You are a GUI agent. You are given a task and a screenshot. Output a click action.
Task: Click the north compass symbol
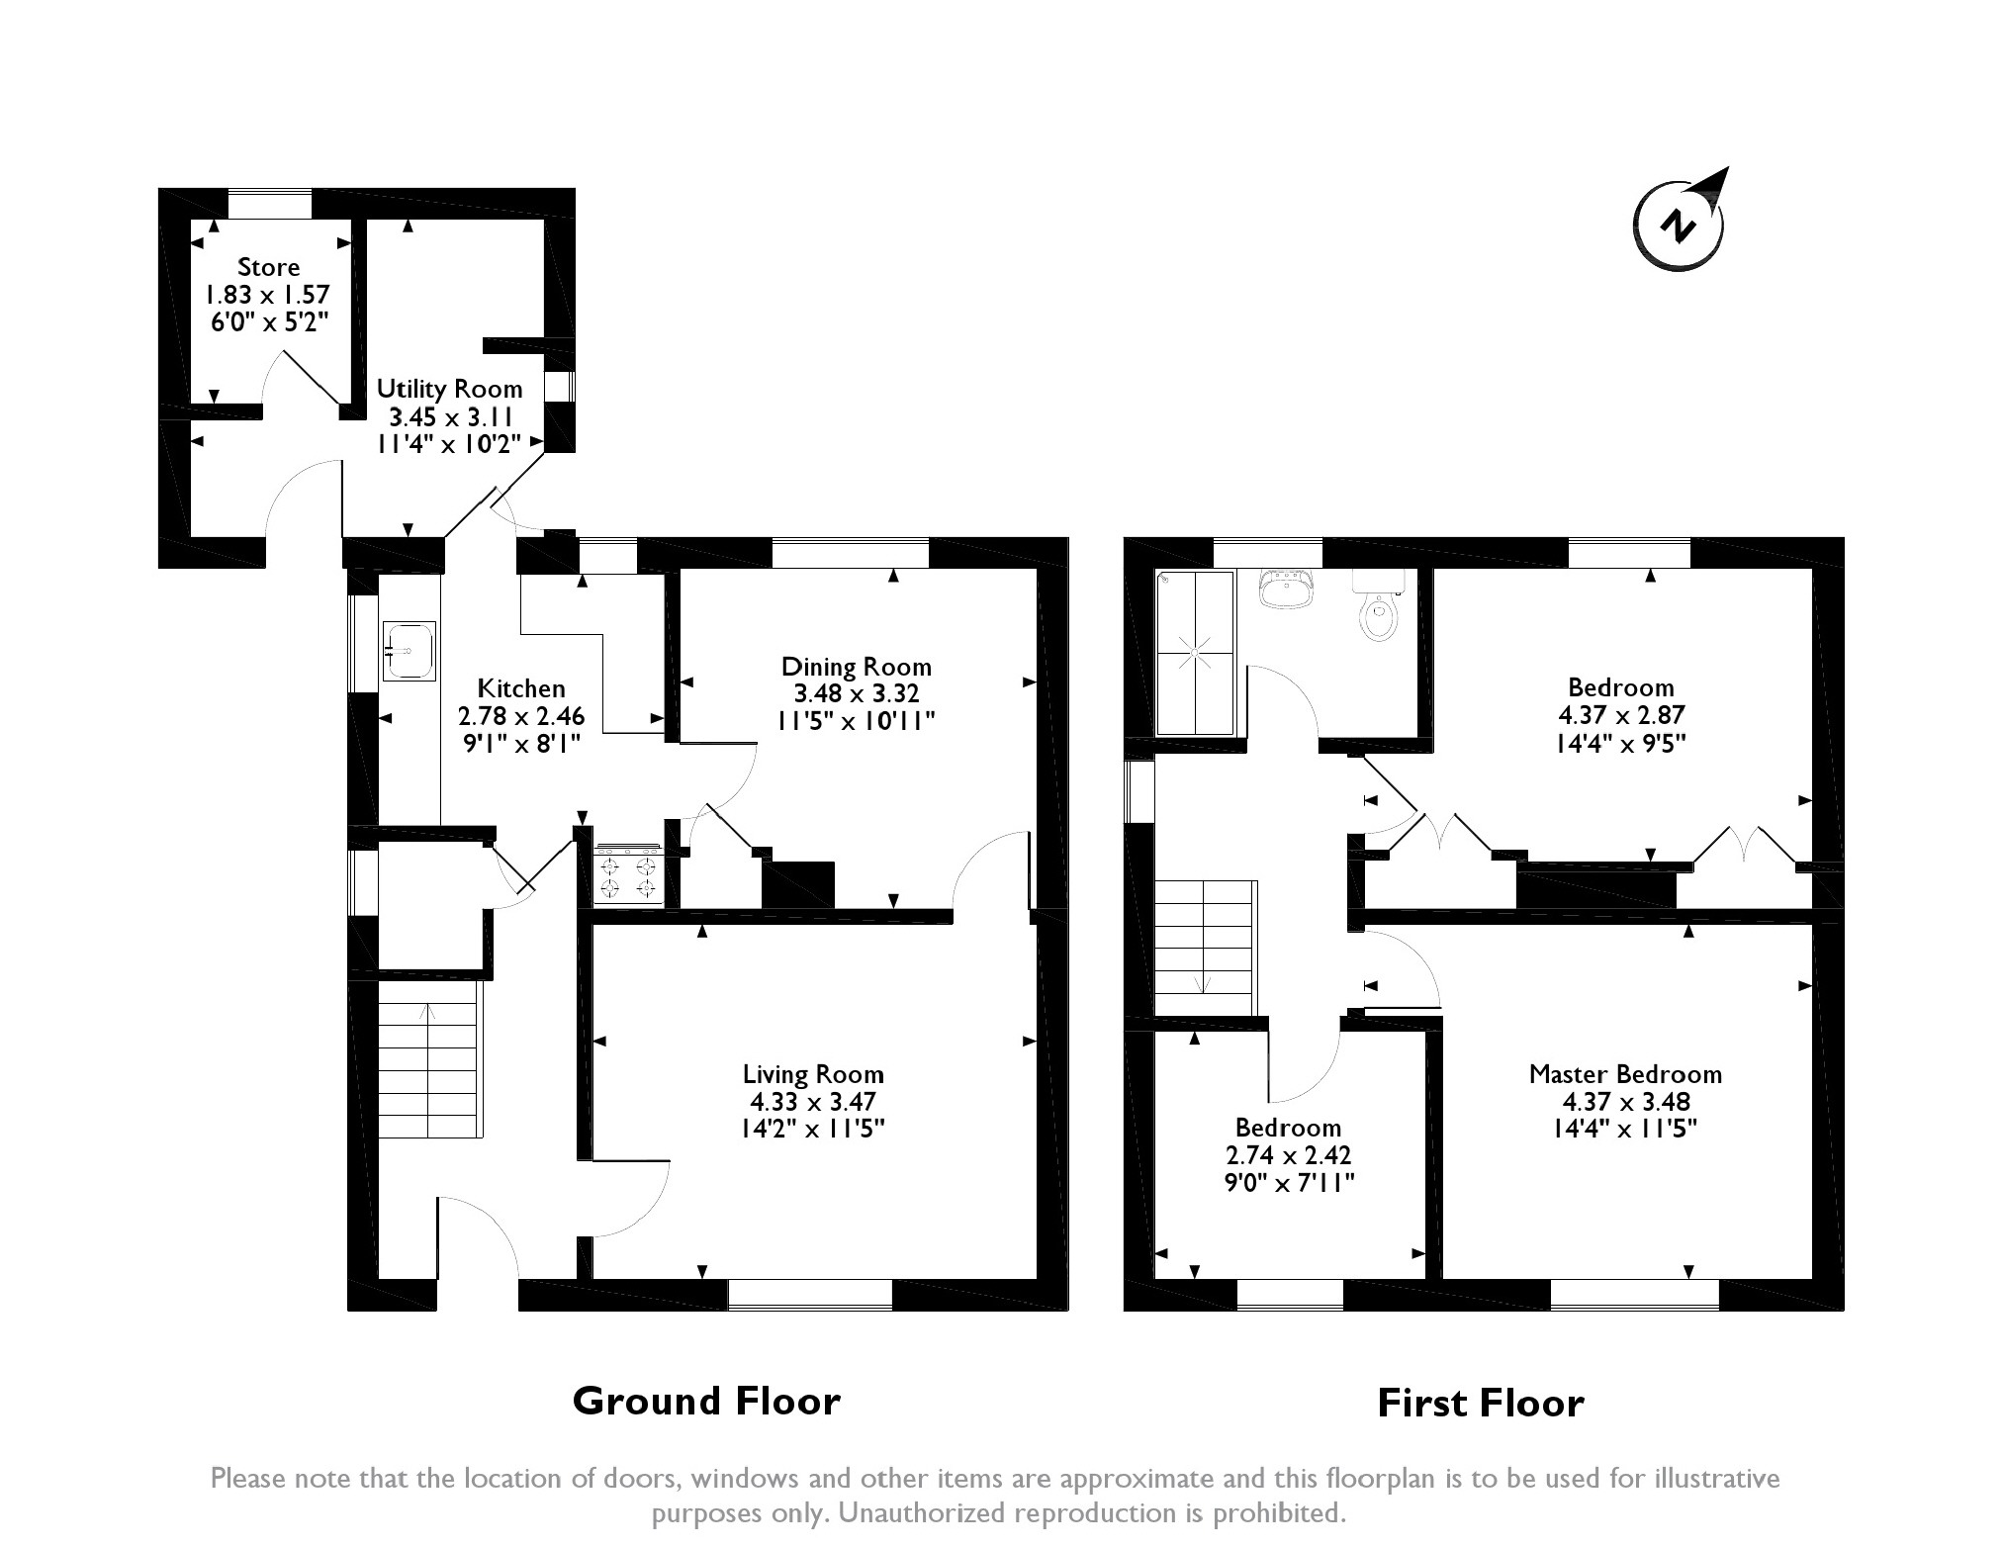click(x=1679, y=223)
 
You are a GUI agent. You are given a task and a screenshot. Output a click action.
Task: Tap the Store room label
click(x=268, y=267)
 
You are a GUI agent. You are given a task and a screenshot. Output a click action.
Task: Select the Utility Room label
click(x=450, y=389)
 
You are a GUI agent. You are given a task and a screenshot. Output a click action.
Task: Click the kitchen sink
click(x=409, y=651)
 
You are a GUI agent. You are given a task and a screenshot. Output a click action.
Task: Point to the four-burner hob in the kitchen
click(x=628, y=873)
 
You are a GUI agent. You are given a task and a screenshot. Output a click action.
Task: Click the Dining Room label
click(x=857, y=667)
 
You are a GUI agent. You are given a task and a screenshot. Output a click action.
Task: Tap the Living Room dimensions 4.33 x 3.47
click(x=813, y=1101)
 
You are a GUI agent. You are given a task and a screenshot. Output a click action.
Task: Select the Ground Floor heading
click(x=706, y=1401)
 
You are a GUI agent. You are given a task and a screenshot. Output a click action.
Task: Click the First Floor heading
click(x=1481, y=1403)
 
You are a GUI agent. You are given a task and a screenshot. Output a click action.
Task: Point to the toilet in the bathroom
click(x=1377, y=607)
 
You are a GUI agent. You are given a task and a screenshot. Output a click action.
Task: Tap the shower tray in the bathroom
click(x=1196, y=653)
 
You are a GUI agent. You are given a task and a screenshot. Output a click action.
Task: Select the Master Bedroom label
click(x=1625, y=1073)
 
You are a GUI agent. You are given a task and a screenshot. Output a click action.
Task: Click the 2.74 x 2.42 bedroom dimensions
click(x=1288, y=1154)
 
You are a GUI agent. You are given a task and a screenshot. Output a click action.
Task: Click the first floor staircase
click(x=1206, y=949)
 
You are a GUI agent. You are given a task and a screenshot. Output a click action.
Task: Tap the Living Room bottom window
click(x=810, y=1295)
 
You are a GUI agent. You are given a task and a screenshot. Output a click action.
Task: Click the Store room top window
click(x=270, y=204)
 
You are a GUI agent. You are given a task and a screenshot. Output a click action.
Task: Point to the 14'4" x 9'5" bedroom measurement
click(x=1621, y=742)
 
